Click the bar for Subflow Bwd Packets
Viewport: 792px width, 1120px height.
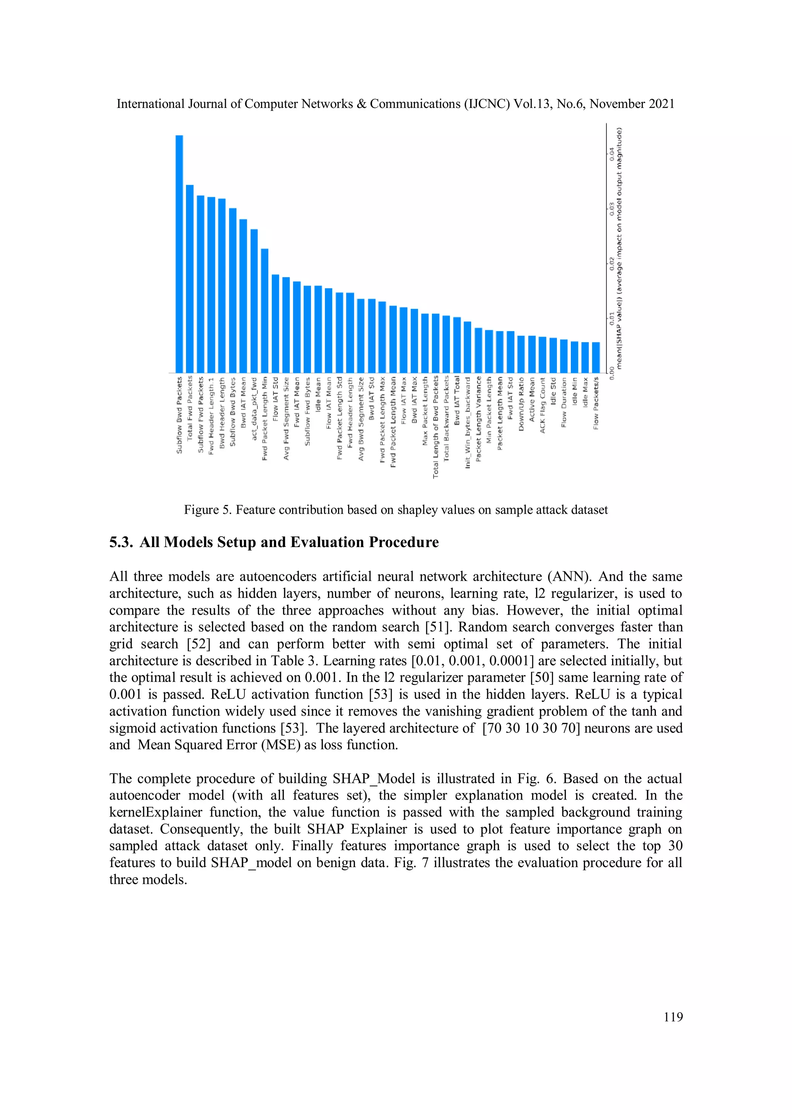[179, 254]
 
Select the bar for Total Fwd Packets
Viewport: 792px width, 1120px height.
[190, 278]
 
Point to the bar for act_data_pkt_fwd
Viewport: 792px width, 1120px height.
[254, 300]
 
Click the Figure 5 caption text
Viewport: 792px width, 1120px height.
[396, 510]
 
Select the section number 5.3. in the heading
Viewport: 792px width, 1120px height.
[121, 542]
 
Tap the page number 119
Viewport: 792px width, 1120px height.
[673, 1017]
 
